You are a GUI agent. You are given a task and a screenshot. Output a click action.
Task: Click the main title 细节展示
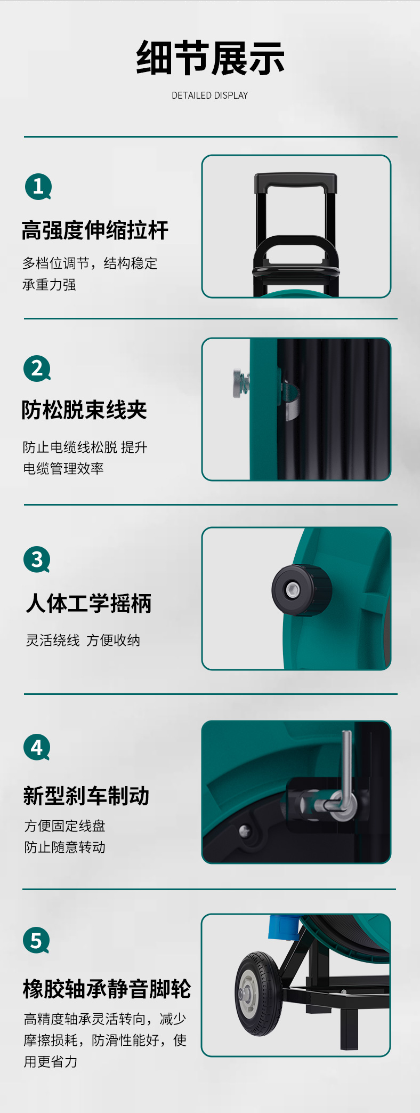210,58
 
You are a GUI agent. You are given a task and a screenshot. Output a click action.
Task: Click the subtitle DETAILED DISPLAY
210,95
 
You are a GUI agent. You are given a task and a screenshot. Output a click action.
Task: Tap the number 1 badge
38,187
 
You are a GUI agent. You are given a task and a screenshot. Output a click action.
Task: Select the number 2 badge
37,369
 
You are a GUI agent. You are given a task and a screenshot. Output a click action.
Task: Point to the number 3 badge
37,559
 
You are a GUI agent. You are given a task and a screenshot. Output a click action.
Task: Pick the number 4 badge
37,748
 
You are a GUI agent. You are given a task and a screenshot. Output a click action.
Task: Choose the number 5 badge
36,941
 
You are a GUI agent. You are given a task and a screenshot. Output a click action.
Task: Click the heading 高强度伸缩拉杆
95,230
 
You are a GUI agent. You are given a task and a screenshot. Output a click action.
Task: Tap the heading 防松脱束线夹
84,410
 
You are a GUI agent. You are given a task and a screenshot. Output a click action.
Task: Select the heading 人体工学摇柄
88,604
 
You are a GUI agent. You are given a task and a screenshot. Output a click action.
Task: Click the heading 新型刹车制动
86,796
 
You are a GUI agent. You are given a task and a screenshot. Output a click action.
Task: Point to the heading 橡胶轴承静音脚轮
107,989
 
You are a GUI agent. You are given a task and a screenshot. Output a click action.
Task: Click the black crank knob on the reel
301,590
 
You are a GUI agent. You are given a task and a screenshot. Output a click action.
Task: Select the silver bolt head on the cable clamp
238,383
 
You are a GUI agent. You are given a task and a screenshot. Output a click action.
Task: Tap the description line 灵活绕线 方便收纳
83,640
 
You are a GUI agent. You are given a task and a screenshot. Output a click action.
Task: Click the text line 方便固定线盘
64,826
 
